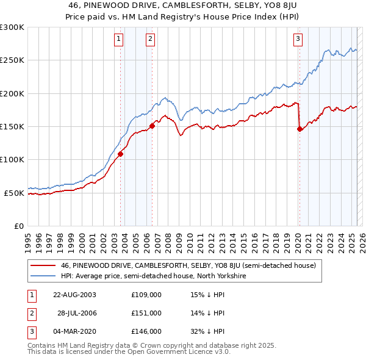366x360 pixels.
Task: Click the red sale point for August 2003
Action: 121,154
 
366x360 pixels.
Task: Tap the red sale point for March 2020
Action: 300,129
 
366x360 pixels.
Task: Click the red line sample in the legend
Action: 43,266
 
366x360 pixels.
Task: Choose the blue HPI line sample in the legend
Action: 43,276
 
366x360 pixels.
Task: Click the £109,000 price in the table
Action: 146,294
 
